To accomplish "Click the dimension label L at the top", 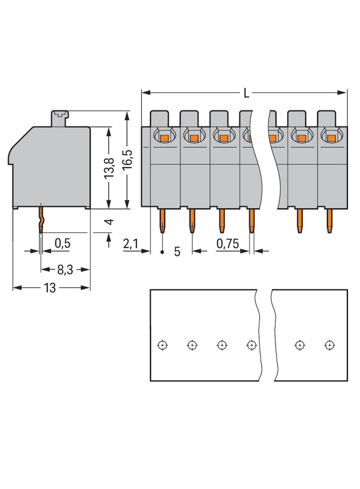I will (247, 94).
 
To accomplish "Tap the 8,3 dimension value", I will (66, 270).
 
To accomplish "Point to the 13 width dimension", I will (50, 288).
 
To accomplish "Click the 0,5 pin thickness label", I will (62, 244).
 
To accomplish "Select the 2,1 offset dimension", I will (130, 244).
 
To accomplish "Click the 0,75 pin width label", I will (228, 244).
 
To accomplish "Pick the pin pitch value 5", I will (177, 251).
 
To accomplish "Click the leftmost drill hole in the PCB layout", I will (162, 345).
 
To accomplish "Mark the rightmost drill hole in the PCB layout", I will (329, 345).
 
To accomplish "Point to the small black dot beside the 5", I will (163, 252).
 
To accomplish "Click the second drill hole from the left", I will (192, 345).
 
